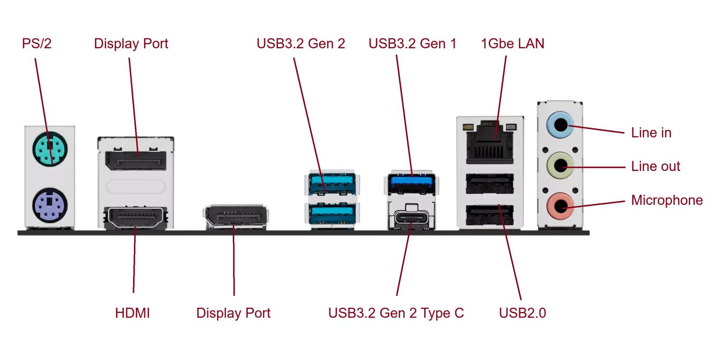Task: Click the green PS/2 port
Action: point(50,148)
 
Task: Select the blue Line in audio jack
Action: point(560,124)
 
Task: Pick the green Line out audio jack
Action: point(560,165)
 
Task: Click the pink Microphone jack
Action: point(560,206)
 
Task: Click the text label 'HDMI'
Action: point(132,313)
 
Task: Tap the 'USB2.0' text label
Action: point(522,313)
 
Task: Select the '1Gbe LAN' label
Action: point(512,44)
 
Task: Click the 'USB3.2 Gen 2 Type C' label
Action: point(396,313)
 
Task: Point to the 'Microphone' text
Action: point(666,200)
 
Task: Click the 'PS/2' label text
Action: point(37,44)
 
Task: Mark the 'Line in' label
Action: point(651,133)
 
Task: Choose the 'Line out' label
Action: point(655,166)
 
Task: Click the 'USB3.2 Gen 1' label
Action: point(412,44)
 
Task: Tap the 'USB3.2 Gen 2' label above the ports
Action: point(301,44)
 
